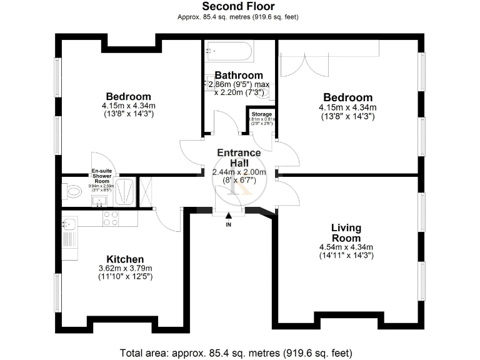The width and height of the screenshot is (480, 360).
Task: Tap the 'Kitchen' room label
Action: [x=125, y=259]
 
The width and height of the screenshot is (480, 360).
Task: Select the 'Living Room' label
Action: [x=346, y=233]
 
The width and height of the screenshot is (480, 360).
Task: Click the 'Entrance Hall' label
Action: [x=239, y=157]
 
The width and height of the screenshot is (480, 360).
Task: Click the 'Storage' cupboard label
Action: [x=262, y=115]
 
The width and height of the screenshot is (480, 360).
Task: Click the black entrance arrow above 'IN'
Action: [x=229, y=216]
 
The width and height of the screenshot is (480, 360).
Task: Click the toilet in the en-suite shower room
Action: [x=72, y=191]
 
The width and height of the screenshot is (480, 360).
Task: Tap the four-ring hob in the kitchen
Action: [x=111, y=218]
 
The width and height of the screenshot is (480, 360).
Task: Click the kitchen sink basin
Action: [x=69, y=223]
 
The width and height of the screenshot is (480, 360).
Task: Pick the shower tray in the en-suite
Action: [x=125, y=191]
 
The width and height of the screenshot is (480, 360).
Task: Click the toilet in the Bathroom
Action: [x=265, y=93]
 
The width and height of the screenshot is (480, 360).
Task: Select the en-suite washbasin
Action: [x=98, y=201]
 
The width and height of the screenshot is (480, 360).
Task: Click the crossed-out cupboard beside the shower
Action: [x=148, y=191]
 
